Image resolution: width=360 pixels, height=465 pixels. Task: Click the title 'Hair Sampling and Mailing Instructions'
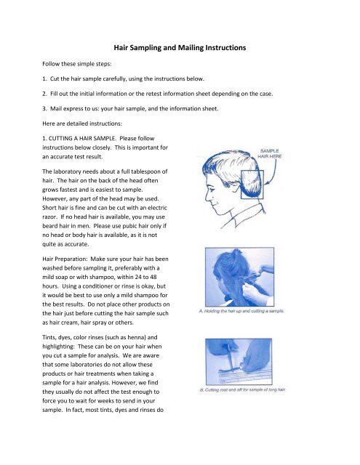coord(180,46)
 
